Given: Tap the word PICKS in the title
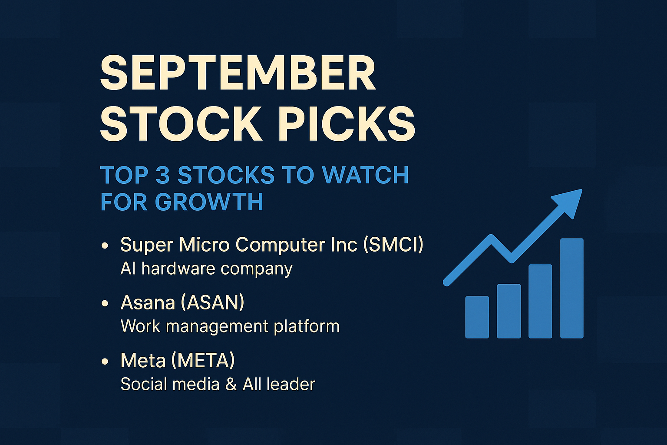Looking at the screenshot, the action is point(346,123).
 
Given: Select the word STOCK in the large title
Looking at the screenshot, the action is point(182,123).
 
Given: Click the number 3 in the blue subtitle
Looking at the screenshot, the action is point(163,175).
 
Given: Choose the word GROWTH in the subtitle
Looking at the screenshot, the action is point(209,202).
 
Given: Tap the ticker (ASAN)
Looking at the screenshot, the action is point(212,302).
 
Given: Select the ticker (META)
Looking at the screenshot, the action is point(203,360).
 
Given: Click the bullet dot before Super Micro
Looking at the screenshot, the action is point(105,246).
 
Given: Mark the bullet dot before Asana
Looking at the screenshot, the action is point(105,304).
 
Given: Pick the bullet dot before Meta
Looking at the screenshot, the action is point(105,362).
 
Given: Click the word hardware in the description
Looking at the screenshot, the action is point(178,268).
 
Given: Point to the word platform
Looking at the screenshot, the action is point(307,326).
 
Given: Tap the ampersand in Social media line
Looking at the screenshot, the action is point(231,384).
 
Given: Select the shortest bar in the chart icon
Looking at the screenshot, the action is point(477,317).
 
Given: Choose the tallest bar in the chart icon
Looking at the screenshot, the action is point(572,288).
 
